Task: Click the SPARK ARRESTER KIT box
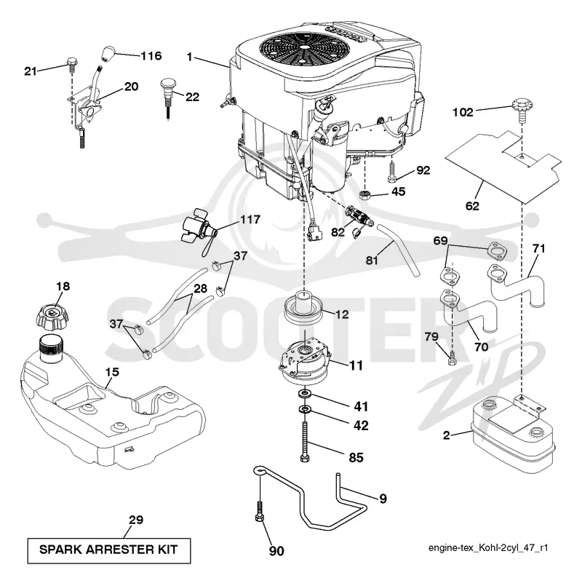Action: pyautogui.click(x=109, y=550)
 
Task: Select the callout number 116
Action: pyautogui.click(x=151, y=56)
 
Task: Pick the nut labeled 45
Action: pyautogui.click(x=364, y=195)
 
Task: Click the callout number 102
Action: pyautogui.click(x=463, y=112)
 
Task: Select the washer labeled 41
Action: pyautogui.click(x=306, y=394)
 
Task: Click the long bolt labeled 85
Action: pyautogui.click(x=305, y=441)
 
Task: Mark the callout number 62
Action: pyautogui.click(x=472, y=205)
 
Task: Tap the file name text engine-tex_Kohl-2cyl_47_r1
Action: pyautogui.click(x=488, y=548)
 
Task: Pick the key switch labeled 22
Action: pyautogui.click(x=169, y=98)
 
